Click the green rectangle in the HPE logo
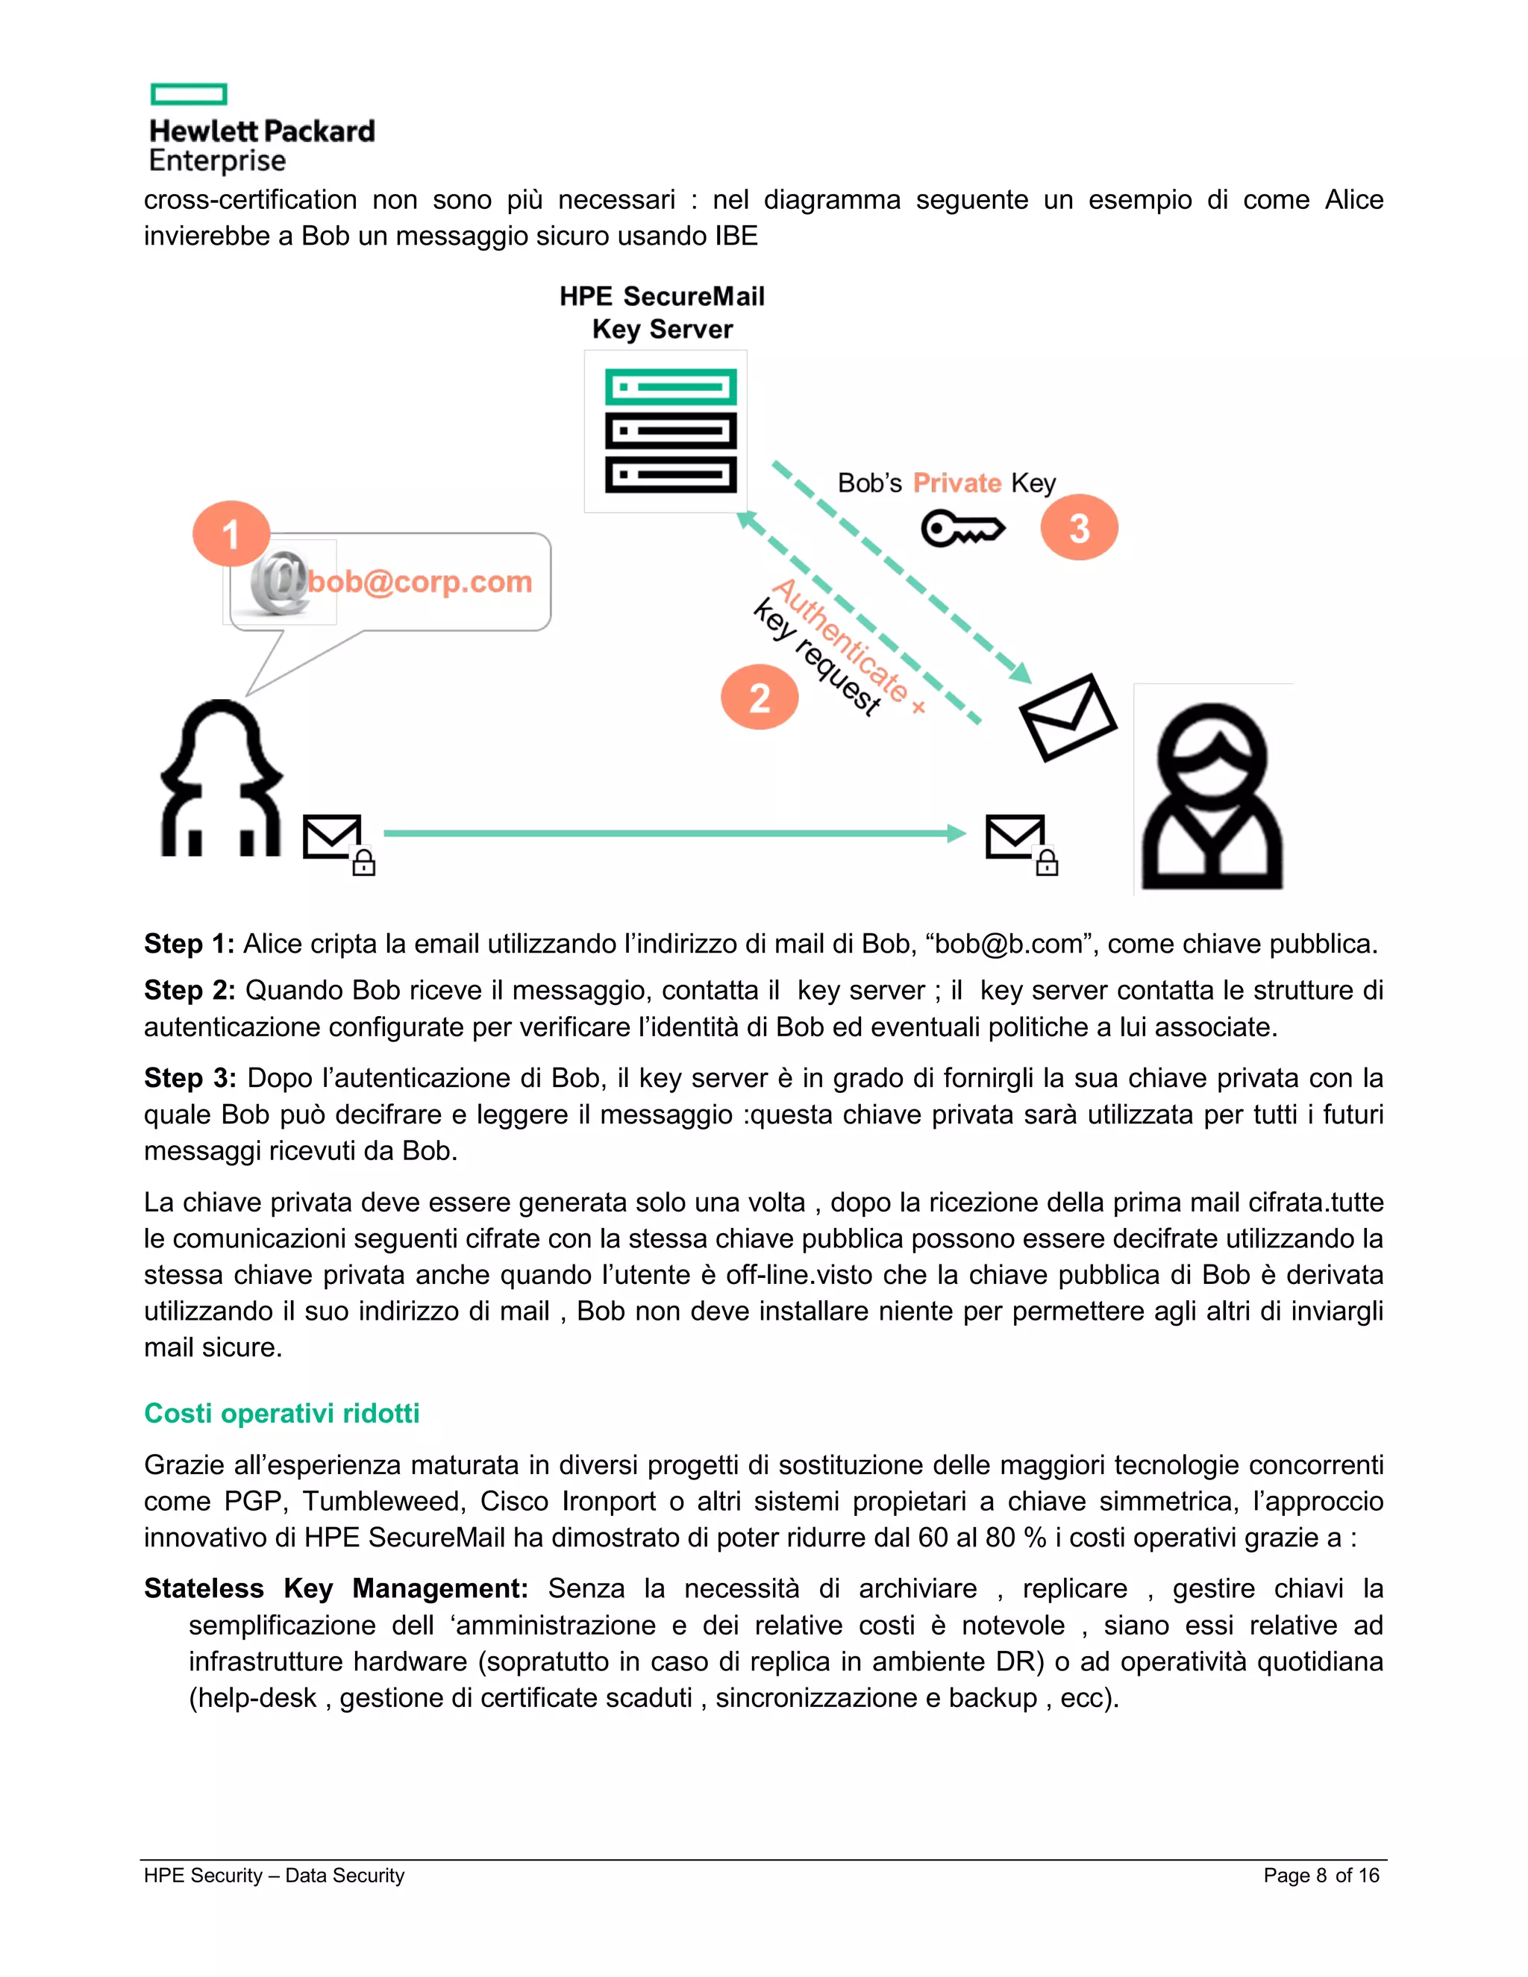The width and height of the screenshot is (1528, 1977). (188, 94)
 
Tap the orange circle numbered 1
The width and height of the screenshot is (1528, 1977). (231, 533)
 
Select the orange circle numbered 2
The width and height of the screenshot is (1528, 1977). (760, 696)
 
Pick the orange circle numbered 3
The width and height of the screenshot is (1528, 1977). (1078, 527)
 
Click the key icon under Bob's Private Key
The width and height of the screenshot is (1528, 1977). (962, 529)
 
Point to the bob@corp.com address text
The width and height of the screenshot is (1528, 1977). (419, 581)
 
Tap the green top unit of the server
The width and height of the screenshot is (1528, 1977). (670, 387)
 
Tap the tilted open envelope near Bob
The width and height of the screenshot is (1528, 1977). (1067, 717)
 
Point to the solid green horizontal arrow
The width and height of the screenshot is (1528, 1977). (674, 833)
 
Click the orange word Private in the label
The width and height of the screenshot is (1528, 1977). (956, 483)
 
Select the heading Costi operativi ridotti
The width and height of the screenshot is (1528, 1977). (281, 1413)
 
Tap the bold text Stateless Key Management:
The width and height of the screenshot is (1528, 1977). (336, 1588)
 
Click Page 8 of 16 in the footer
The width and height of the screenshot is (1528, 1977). (1321, 1875)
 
